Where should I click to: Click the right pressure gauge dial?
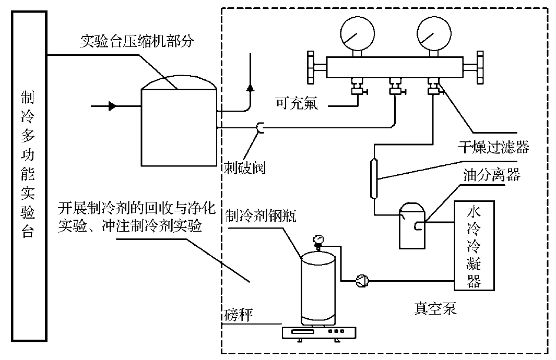click(x=434, y=30)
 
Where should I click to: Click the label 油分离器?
click(x=491, y=175)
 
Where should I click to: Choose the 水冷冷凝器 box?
click(x=474, y=245)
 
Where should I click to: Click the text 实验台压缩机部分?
click(x=137, y=41)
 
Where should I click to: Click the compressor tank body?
click(x=179, y=125)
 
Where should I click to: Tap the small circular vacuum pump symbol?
click(x=361, y=282)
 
